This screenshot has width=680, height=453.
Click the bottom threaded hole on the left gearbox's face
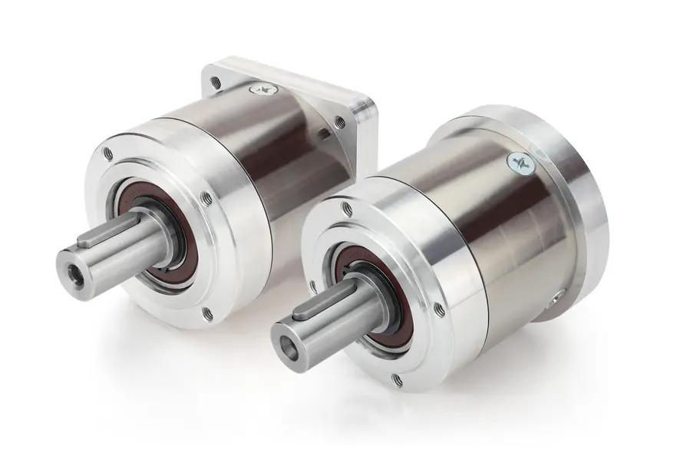pos(206,312)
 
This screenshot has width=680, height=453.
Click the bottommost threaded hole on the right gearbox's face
pos(396,379)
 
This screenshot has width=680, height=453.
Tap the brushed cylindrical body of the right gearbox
pos(476,230)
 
